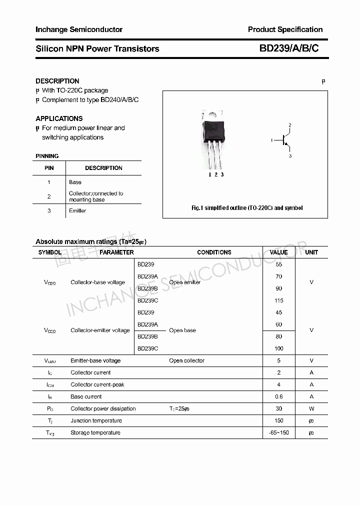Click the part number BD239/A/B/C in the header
click(288, 48)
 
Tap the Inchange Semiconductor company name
click(79, 29)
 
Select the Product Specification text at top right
click(285, 29)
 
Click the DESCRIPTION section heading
click(57, 81)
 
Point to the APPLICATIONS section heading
click(59, 118)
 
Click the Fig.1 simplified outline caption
click(247, 208)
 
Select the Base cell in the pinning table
click(75, 182)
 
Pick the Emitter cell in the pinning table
click(77, 210)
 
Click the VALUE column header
click(278, 252)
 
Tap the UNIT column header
click(311, 252)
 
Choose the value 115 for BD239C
click(278, 300)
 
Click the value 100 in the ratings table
click(278, 348)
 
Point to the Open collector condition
click(186, 360)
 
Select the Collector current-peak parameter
click(97, 384)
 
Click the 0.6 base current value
click(278, 396)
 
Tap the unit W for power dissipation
click(311, 408)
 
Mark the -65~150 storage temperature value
click(278, 432)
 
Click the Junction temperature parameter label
click(96, 420)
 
